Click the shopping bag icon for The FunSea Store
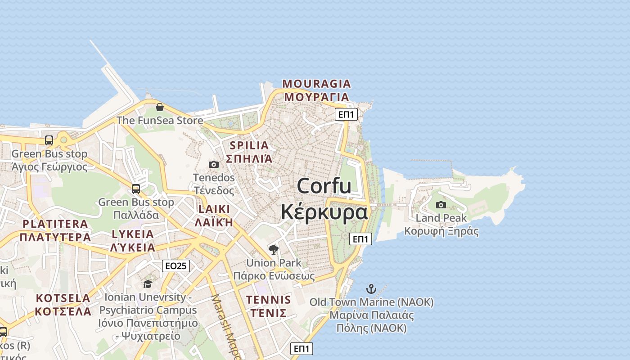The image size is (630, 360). (x=159, y=107)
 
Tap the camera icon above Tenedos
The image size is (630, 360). (x=214, y=164)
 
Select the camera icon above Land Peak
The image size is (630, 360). (x=441, y=205)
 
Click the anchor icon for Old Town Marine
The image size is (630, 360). (x=371, y=288)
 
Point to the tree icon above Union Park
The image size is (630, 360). (x=273, y=249)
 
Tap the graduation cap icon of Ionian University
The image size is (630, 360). (x=148, y=284)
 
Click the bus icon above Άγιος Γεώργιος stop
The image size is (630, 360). (x=49, y=140)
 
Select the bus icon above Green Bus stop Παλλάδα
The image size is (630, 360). (x=136, y=189)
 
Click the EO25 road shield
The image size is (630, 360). (x=175, y=266)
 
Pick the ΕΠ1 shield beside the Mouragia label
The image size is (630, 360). (x=346, y=114)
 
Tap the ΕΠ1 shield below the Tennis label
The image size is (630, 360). (x=301, y=348)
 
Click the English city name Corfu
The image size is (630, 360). (x=324, y=186)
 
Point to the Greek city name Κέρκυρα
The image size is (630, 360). (x=324, y=212)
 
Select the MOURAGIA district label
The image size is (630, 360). (x=316, y=84)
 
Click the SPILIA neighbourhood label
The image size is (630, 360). (x=249, y=145)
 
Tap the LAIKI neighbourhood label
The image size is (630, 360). (x=214, y=209)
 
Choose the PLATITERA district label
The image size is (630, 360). (x=55, y=224)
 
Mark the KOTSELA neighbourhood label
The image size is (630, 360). (x=63, y=298)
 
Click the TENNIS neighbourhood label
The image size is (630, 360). (x=269, y=299)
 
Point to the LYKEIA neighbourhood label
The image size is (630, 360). (x=133, y=234)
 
